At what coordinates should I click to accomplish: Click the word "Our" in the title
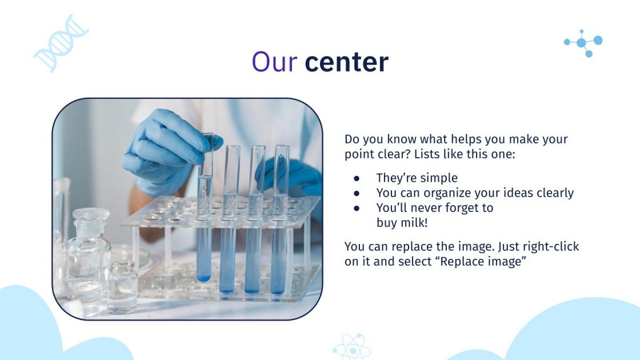pos(274,62)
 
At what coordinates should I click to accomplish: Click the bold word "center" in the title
pos(346,62)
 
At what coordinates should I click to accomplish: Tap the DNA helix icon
pos(61,43)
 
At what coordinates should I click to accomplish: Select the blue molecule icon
pos(583,43)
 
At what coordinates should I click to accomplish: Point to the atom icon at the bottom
pos(351,346)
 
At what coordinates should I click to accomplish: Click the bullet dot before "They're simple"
pos(357,178)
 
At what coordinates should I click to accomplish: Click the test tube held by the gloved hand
pos(205,211)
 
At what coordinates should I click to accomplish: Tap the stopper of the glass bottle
pos(91,216)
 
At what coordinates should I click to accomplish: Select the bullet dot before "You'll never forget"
pos(357,208)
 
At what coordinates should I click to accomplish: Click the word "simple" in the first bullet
pos(439,178)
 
